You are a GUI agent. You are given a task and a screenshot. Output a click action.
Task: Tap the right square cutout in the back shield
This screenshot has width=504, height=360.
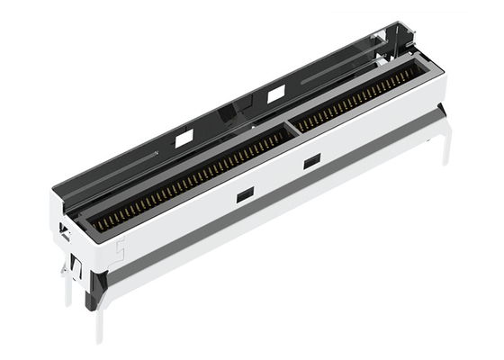tap(276, 93)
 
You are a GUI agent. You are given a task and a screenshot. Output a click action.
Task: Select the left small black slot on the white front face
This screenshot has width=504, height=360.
tap(244, 193)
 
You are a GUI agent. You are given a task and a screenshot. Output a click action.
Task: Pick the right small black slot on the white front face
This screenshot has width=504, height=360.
tap(311, 161)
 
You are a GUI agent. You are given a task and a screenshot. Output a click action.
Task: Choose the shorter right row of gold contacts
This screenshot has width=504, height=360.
tap(355, 99)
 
